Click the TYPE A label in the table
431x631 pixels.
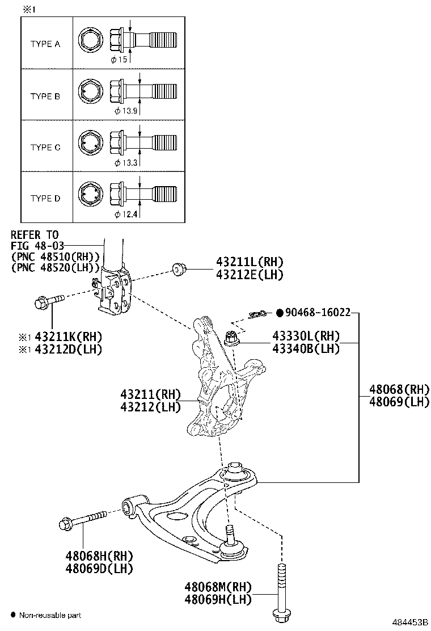click(x=45, y=44)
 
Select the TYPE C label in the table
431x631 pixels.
click(x=45, y=148)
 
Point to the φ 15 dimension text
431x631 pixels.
click(x=120, y=59)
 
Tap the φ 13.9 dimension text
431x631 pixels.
click(x=125, y=111)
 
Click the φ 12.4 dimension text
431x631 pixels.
click(x=125, y=214)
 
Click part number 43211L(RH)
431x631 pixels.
click(x=249, y=262)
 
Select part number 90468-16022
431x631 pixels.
click(x=318, y=312)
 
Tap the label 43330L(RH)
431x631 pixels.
click(x=306, y=336)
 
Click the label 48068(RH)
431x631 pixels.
click(x=399, y=390)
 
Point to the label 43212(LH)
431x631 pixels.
click(x=150, y=407)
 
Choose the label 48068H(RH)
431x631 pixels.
click(x=99, y=556)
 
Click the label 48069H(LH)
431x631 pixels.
click(x=218, y=598)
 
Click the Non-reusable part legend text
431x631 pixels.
click(x=50, y=615)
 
